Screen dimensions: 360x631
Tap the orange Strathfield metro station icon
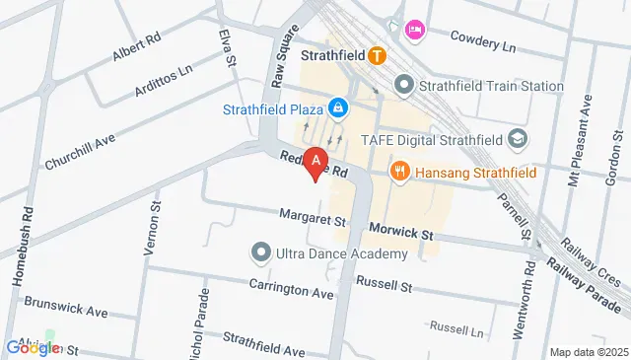tap(377, 56)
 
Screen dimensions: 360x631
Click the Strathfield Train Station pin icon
tap(403, 86)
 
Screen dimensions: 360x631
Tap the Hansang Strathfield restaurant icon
tap(399, 172)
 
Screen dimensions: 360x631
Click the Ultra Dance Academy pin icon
tap(261, 253)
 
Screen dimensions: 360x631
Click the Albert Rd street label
tap(136, 48)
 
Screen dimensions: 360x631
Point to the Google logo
tap(33, 347)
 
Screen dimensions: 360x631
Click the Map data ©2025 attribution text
tap(588, 352)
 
